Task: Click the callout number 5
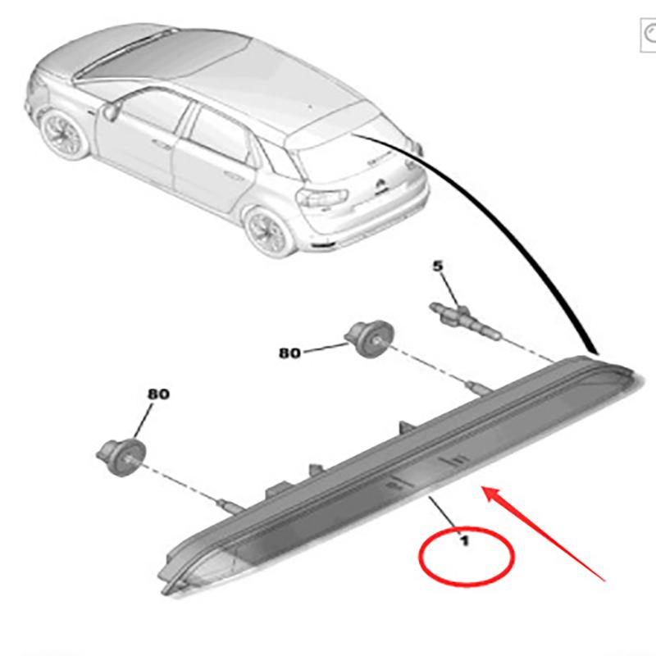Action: [437, 266]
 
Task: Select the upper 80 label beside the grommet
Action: [289, 353]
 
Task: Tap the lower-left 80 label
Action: [158, 394]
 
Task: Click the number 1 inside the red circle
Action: [464, 541]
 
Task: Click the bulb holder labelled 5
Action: [464, 319]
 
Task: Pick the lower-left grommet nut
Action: [121, 457]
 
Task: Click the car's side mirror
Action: [112, 110]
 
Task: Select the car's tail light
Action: [322, 198]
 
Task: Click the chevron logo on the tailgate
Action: [381, 184]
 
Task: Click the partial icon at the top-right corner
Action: [649, 34]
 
